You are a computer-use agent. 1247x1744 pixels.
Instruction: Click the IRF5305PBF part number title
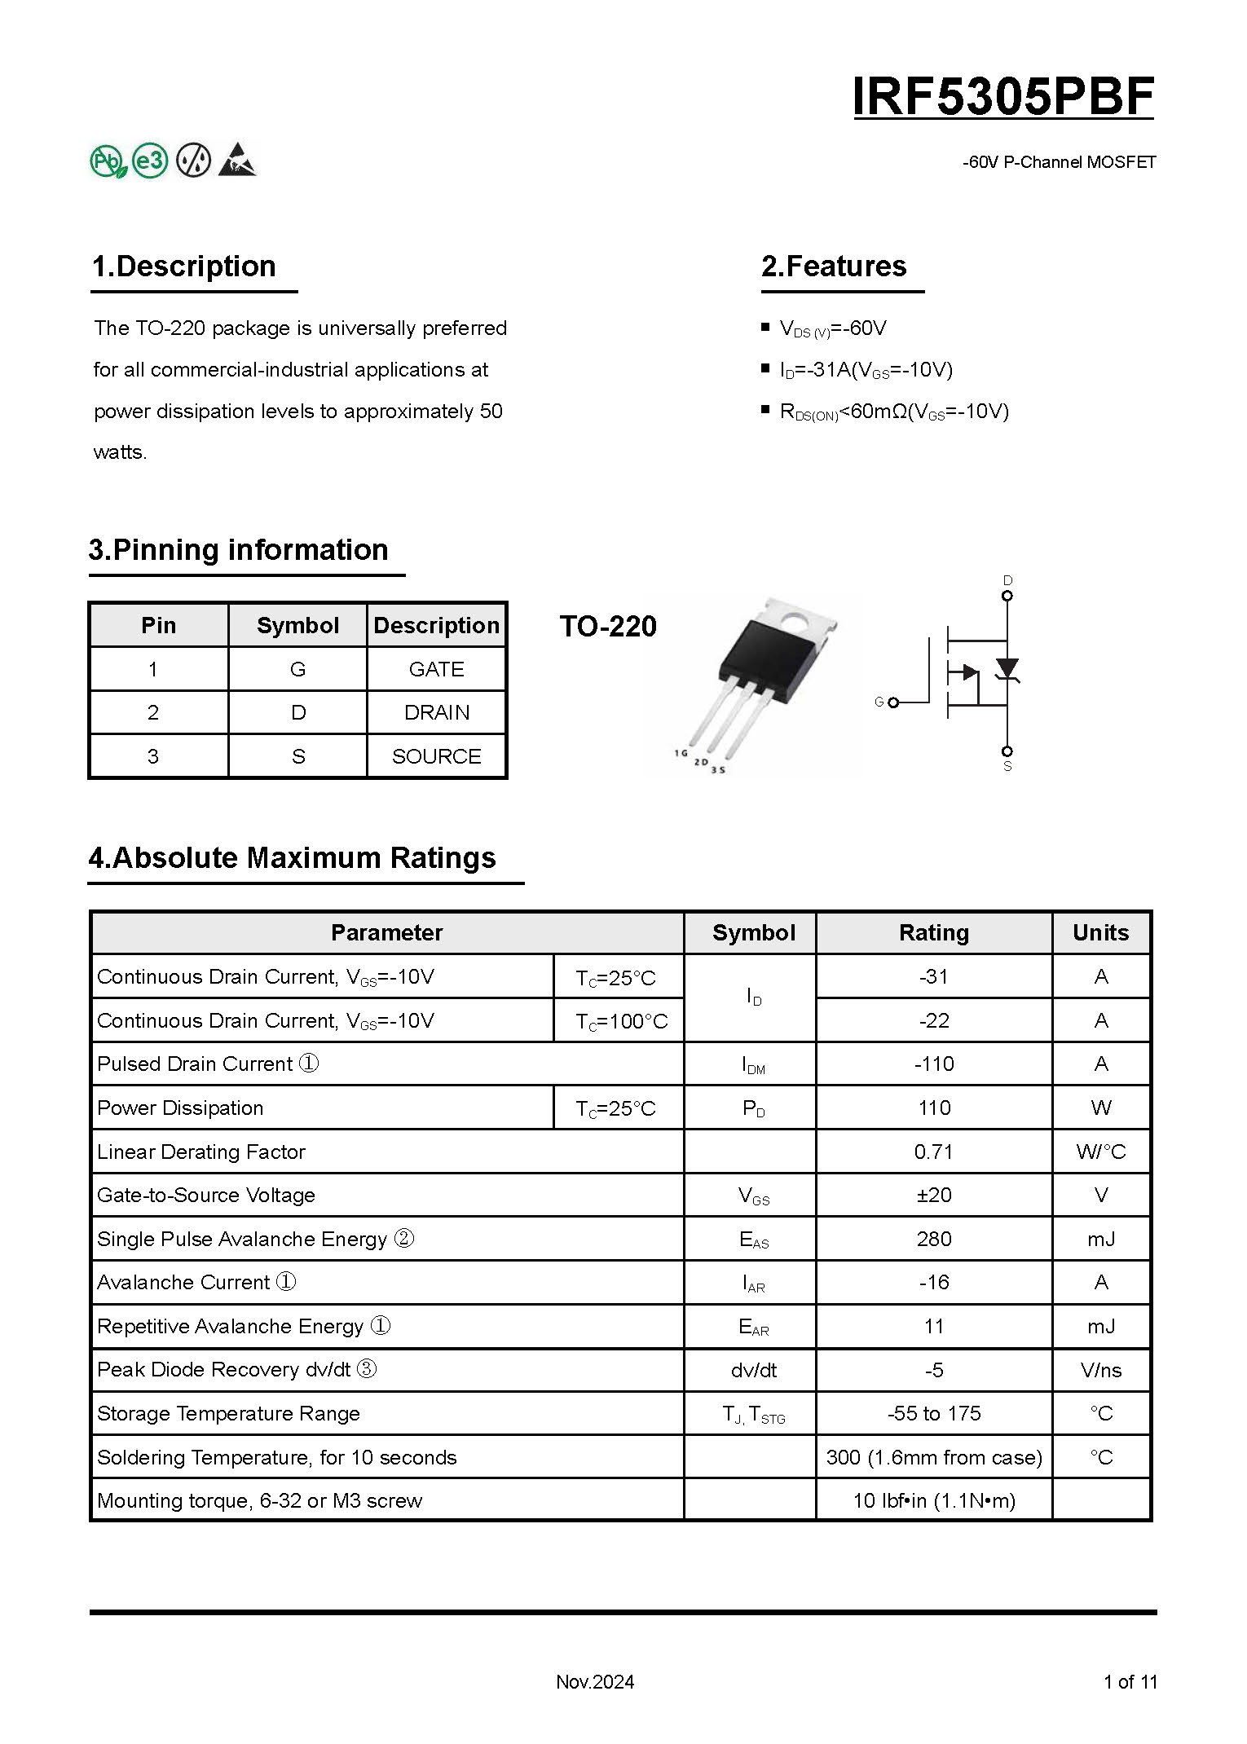click(x=1003, y=97)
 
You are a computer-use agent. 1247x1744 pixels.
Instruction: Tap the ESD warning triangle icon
click(x=237, y=161)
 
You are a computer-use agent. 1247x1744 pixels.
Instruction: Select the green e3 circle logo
click(x=150, y=161)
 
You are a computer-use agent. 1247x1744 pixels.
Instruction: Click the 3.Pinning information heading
click(x=239, y=550)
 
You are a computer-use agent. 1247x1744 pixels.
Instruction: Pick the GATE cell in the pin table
click(x=436, y=669)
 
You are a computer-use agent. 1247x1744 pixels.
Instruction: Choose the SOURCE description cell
click(x=436, y=756)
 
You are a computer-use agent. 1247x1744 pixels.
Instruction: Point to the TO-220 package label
click(x=608, y=626)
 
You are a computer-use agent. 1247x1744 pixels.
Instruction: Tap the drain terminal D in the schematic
click(x=1007, y=596)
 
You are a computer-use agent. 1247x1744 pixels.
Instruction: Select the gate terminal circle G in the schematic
click(x=893, y=702)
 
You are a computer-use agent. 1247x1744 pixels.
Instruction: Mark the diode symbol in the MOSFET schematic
click(x=1008, y=669)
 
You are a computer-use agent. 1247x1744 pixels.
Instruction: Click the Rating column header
click(x=934, y=932)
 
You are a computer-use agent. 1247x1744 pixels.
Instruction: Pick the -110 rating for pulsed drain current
click(x=934, y=1064)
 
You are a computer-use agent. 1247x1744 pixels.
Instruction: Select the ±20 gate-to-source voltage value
click(x=934, y=1195)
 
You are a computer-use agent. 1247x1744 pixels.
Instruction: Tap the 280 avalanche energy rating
click(x=934, y=1239)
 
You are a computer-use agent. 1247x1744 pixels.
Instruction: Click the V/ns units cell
click(x=1100, y=1370)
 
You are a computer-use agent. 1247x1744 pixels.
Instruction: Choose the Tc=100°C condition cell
click(x=621, y=1021)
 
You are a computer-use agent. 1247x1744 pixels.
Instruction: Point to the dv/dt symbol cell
click(x=753, y=1370)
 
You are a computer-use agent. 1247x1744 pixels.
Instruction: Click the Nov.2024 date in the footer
click(x=595, y=1681)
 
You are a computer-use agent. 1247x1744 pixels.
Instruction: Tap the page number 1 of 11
click(x=1130, y=1681)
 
